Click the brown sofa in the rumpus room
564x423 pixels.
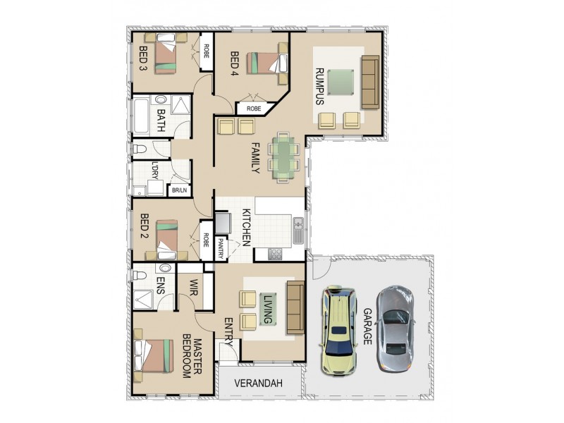point(370,82)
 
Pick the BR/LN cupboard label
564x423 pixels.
point(179,190)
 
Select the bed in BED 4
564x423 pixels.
point(266,63)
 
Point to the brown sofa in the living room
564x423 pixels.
point(294,308)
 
